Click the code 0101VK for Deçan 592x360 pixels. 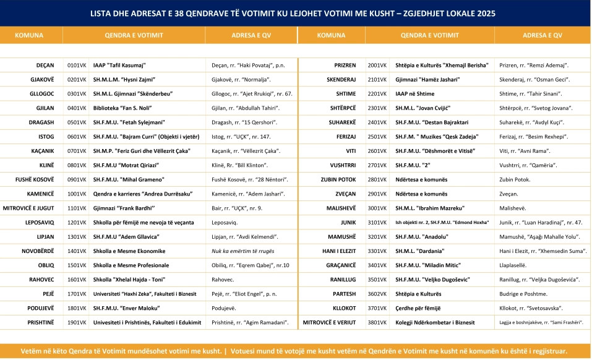(x=76, y=65)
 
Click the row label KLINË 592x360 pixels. (x=46, y=165)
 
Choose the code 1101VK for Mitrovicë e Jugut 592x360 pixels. (x=76, y=208)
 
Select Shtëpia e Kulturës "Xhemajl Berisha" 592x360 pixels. (x=442, y=65)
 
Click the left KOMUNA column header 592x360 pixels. (x=29, y=35)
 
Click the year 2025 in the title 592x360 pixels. (x=484, y=13)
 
